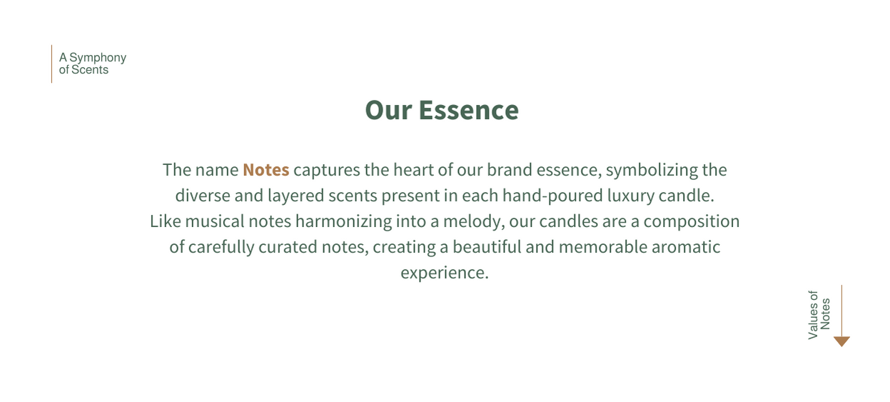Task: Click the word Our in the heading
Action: point(388,110)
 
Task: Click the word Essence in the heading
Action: point(468,110)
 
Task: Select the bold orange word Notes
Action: point(266,170)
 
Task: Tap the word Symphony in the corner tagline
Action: point(98,58)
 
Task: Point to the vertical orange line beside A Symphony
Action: point(51,64)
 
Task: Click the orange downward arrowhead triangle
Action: point(841,341)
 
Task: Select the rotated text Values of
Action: point(813,315)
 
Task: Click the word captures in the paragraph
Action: point(327,170)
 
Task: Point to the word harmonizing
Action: point(344,221)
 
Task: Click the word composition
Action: point(692,222)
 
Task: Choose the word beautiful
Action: point(487,247)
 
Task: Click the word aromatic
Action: point(686,247)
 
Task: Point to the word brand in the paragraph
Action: point(510,170)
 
